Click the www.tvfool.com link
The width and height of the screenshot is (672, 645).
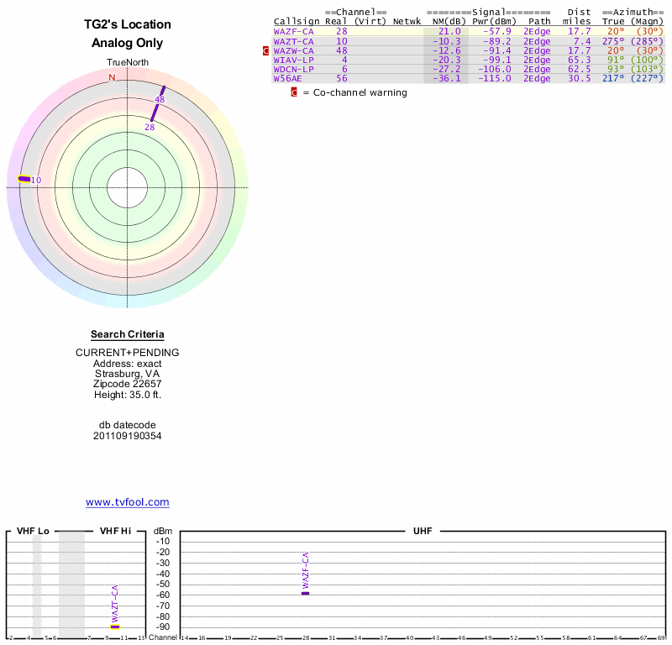coord(128,502)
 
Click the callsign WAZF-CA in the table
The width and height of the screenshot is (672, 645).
coord(294,31)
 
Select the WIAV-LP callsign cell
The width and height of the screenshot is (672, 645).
coord(294,60)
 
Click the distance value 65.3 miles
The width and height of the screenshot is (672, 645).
coord(579,60)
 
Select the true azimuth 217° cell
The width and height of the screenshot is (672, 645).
coord(614,78)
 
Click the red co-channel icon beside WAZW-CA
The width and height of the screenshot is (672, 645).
coord(266,50)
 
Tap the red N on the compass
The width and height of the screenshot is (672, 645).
coord(112,77)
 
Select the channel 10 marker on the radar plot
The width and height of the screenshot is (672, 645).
coord(24,178)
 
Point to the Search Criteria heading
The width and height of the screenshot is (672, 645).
coord(128,334)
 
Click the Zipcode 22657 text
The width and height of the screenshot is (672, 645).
coord(128,383)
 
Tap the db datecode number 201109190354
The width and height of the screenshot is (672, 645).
coord(128,436)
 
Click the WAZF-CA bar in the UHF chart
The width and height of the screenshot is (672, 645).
coord(306,593)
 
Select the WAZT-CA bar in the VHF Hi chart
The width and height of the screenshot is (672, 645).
coord(115,627)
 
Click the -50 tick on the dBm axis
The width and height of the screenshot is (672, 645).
coord(163,584)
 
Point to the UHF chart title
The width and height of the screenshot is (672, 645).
coord(421,532)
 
